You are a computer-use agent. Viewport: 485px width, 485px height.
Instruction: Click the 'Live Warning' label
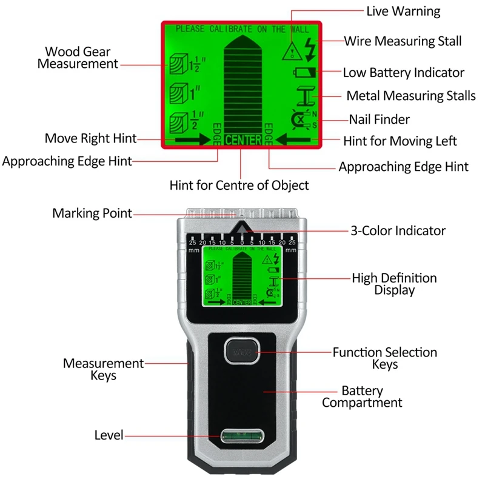click(x=403, y=12)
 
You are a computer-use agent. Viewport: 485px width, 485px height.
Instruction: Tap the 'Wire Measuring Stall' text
click(x=403, y=41)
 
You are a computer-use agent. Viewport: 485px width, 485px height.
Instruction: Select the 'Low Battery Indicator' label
click(x=403, y=73)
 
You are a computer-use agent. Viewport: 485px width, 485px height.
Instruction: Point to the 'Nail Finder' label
click(x=379, y=119)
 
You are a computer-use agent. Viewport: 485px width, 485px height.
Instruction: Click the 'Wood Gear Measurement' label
click(x=78, y=58)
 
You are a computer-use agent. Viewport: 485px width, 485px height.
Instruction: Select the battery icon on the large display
click(x=305, y=73)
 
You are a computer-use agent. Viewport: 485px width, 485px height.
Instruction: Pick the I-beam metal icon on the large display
click(x=308, y=96)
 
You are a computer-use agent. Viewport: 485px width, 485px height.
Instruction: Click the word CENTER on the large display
click(x=243, y=140)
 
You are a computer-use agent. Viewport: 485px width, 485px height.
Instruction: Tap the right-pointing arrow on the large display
click(x=190, y=139)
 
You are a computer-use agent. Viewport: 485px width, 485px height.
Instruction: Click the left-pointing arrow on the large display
click(x=295, y=139)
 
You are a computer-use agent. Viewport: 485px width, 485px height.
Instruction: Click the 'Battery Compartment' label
click(x=362, y=396)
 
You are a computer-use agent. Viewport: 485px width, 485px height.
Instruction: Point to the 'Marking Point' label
click(x=92, y=213)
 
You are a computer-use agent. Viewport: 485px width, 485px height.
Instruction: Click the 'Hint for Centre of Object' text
click(x=239, y=185)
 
